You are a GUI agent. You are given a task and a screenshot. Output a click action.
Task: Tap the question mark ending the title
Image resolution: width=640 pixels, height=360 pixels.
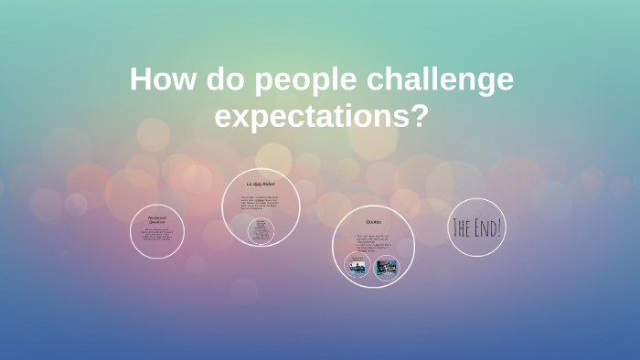[x=420, y=117]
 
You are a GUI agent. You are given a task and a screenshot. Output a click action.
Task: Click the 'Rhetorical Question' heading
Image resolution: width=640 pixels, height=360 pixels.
[x=156, y=219]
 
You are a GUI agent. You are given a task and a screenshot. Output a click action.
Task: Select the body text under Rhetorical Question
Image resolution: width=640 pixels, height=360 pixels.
[x=156, y=238]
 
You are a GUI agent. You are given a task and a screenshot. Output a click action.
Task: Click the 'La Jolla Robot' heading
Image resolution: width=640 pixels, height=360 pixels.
[x=261, y=185]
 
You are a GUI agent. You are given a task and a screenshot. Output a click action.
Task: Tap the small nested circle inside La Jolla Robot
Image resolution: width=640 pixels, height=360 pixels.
[x=262, y=230]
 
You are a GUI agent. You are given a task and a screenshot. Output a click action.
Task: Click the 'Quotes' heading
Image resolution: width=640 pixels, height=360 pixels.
[x=373, y=222]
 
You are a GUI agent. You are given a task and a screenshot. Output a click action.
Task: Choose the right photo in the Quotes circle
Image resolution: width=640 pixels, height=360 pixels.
[x=387, y=268]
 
